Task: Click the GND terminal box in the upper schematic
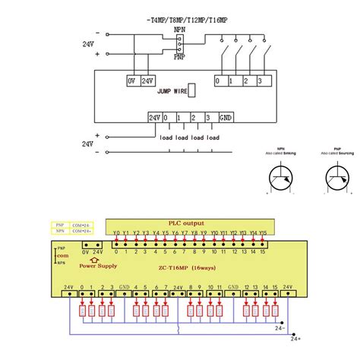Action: pos(226,118)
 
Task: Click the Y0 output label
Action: pos(116,232)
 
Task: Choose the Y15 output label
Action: pos(263,232)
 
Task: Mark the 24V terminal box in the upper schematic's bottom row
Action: pos(155,118)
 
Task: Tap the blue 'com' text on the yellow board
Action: pos(62,257)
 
